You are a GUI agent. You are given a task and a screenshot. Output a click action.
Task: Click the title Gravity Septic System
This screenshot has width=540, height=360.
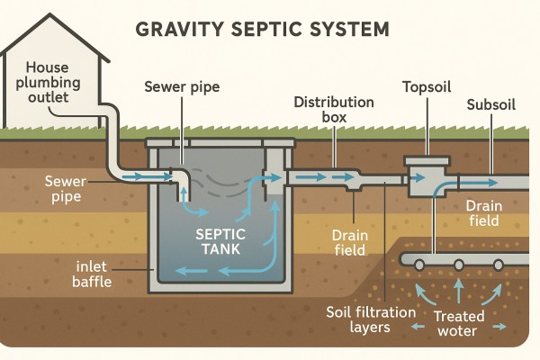(262, 28)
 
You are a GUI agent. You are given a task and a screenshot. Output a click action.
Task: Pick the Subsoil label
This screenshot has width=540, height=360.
(491, 105)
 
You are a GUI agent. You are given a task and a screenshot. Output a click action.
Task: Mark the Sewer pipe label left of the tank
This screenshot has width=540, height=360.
(66, 189)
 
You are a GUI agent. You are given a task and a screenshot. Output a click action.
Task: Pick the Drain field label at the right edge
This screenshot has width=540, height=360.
(490, 214)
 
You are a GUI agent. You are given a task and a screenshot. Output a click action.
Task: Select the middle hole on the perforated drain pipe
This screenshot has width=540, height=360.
(458, 265)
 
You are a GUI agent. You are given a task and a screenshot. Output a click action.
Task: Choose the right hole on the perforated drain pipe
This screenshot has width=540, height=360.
(498, 265)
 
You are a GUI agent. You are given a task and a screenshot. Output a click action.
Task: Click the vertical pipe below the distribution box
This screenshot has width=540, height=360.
(433, 225)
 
